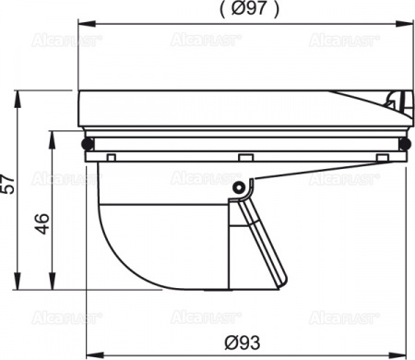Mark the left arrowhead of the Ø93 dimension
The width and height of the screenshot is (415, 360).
[x=89, y=354]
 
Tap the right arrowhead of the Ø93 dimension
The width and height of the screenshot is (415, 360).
[x=399, y=354]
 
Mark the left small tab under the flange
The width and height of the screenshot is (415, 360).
[x=110, y=158]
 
